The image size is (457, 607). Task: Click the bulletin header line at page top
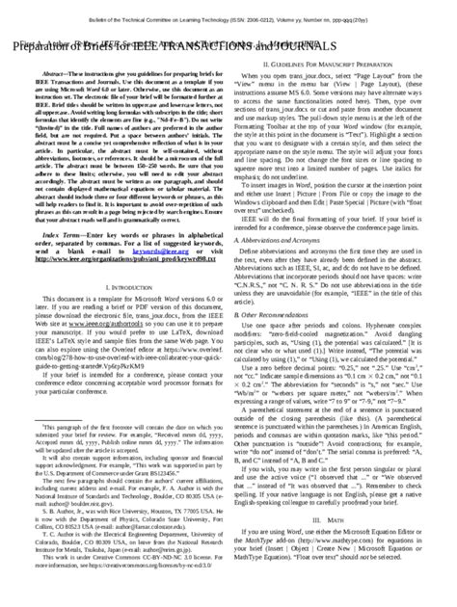228,8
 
